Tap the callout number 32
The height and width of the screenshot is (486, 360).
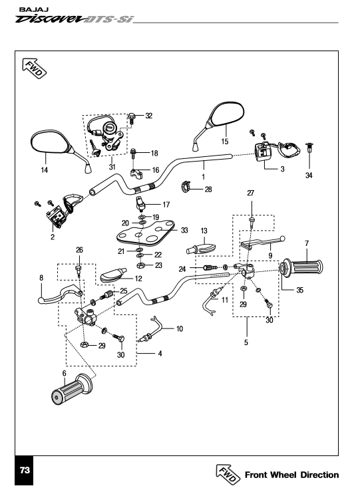point(149,116)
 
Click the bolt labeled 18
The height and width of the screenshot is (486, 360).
point(134,153)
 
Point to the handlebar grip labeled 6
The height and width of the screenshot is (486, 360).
point(72,390)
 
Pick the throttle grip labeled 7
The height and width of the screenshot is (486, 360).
point(301,267)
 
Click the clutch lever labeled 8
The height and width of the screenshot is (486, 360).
point(61,294)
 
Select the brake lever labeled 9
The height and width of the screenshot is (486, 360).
point(263,243)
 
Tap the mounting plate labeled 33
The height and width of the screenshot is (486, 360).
point(146,233)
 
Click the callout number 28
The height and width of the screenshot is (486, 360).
point(208,189)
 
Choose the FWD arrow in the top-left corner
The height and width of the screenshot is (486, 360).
point(34,68)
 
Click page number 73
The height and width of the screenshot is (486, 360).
point(25,470)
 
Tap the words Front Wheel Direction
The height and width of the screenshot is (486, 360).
point(291,475)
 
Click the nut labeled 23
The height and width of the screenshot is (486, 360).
point(140,265)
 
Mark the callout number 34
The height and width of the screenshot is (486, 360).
point(309,176)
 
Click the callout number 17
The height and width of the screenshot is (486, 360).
point(166,205)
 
